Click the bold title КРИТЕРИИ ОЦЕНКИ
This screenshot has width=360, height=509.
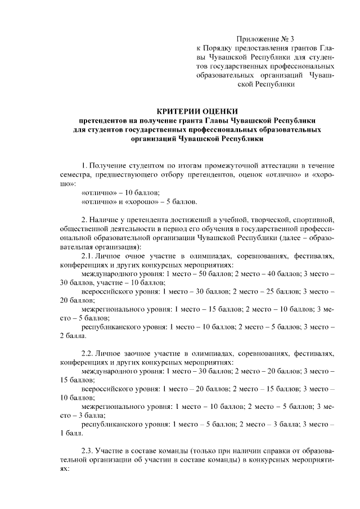(x=197, y=111)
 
